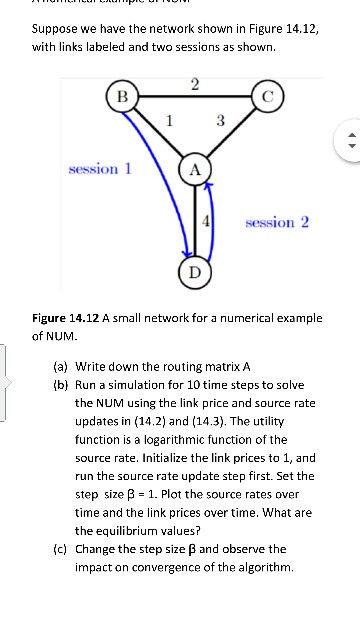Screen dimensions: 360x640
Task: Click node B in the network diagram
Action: tap(122, 96)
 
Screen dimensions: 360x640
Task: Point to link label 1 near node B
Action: tap(170, 121)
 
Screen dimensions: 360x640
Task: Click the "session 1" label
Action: tap(100, 168)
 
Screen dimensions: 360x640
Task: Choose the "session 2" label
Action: tap(277, 221)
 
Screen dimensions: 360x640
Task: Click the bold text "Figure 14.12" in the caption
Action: tap(66, 318)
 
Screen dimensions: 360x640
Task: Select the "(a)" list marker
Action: tap(60, 367)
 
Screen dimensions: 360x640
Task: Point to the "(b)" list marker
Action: tap(60, 385)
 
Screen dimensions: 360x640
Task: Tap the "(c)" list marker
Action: tap(60, 548)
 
